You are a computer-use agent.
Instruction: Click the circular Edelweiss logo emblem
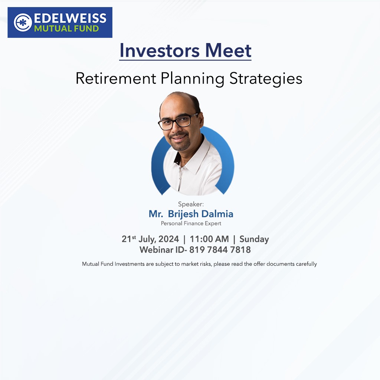coord(23,23)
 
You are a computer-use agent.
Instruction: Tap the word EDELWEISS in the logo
coord(70,18)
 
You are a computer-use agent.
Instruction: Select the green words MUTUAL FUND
coord(66,29)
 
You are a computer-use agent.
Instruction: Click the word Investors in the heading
coord(160,50)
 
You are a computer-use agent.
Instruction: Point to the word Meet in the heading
coord(228,50)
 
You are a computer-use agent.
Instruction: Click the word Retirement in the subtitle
coord(116,79)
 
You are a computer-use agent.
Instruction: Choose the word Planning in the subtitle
coord(193,79)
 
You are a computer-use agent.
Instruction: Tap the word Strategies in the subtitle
coord(266,79)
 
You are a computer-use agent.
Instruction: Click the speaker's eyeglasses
coord(178,121)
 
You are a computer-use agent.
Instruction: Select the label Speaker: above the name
coord(191,204)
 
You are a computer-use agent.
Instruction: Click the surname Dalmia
coord(217,214)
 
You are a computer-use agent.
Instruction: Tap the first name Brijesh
coord(183,214)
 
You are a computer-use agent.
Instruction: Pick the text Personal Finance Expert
coord(191,223)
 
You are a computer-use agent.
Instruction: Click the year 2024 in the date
coord(169,239)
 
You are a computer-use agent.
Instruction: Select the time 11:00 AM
coord(209,239)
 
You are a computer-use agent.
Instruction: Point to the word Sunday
coord(254,239)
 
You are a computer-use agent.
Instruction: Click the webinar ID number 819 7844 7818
coord(220,250)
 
